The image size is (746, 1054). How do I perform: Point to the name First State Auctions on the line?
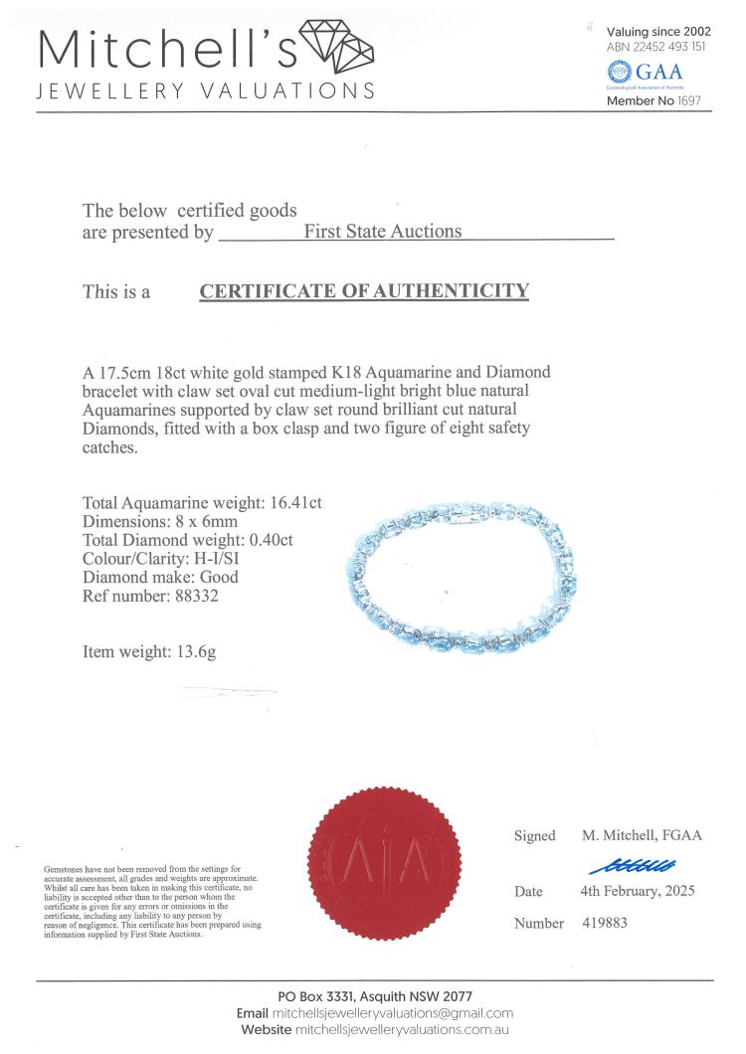[383, 232]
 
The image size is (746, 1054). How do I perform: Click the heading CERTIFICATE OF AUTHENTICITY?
[364, 291]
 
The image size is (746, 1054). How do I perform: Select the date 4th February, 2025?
[638, 891]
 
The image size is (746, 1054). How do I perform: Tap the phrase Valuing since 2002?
[658, 32]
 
